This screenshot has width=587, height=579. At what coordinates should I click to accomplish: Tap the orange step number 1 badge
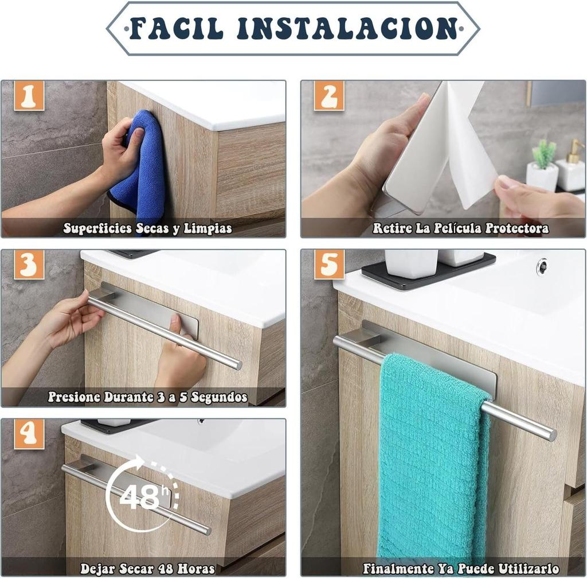click(x=29, y=96)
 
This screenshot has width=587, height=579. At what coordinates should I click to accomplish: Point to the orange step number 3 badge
click(x=29, y=265)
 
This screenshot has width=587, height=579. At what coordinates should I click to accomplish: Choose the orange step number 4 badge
click(x=29, y=434)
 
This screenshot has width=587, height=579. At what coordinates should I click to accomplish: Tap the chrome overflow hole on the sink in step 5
click(x=541, y=266)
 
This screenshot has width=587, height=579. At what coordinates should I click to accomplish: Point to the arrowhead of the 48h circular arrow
click(x=139, y=462)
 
